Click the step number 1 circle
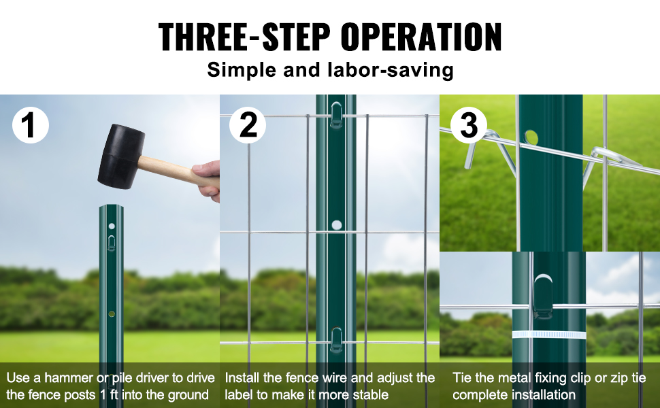pos(31,125)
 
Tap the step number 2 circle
pos(248,125)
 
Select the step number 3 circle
pos(469,125)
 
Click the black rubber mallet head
pos(121,156)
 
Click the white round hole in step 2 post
pos(336,224)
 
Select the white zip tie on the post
pos(549,335)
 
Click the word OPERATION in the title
pos(421,37)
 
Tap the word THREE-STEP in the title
pos(244,37)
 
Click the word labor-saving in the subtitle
pos(391,70)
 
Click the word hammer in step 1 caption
pos(69,377)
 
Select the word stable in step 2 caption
pos(371,395)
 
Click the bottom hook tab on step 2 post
pos(336,340)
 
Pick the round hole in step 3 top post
pos(531,137)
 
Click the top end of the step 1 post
pos(111,206)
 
